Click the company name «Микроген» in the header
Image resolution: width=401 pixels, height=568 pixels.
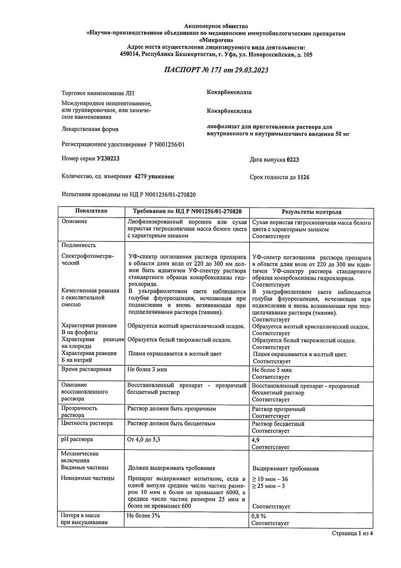[215, 40]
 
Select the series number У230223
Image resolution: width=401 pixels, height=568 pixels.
[108, 158]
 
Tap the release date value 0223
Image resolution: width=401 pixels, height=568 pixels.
[294, 159]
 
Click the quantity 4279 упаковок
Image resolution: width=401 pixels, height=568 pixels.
[153, 176]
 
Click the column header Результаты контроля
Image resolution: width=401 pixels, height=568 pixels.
[312, 212]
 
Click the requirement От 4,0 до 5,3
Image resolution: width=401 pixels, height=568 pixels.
[146, 440]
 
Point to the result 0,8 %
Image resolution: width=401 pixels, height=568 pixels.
[260, 516]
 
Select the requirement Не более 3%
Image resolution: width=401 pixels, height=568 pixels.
[143, 516]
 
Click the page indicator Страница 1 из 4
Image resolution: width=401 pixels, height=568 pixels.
[353, 533]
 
